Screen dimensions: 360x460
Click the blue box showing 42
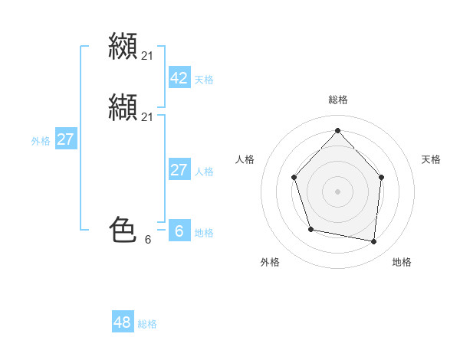(179, 78)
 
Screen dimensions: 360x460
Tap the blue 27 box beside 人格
(179, 170)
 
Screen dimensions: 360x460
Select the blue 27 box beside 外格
(66, 139)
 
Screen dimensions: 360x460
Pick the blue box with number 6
(179, 231)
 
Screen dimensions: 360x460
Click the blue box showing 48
(123, 322)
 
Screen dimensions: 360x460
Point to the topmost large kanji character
(123, 47)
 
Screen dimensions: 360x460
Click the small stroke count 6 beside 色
(148, 240)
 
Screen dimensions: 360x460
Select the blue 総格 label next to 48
(147, 324)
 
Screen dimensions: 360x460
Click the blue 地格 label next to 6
(204, 233)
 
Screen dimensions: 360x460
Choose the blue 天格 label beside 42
(204, 80)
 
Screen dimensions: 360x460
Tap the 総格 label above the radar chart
(337, 100)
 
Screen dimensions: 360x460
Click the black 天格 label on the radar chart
(431, 159)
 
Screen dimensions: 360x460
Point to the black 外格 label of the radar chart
(270, 262)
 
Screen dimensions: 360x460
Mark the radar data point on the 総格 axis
(337, 130)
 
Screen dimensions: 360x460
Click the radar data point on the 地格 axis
(373, 241)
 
